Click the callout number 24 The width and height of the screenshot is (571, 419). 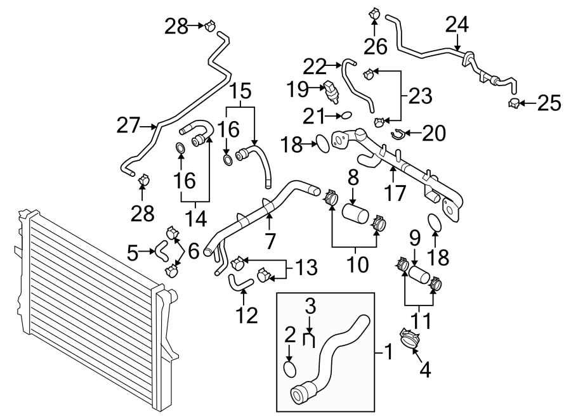pyautogui.click(x=457, y=25)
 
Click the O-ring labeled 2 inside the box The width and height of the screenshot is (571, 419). pyautogui.click(x=289, y=369)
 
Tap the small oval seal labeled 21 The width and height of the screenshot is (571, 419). pyautogui.click(x=346, y=115)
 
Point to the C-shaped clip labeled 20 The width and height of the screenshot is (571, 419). pyautogui.click(x=398, y=133)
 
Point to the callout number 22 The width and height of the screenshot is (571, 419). pyautogui.click(x=315, y=65)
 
